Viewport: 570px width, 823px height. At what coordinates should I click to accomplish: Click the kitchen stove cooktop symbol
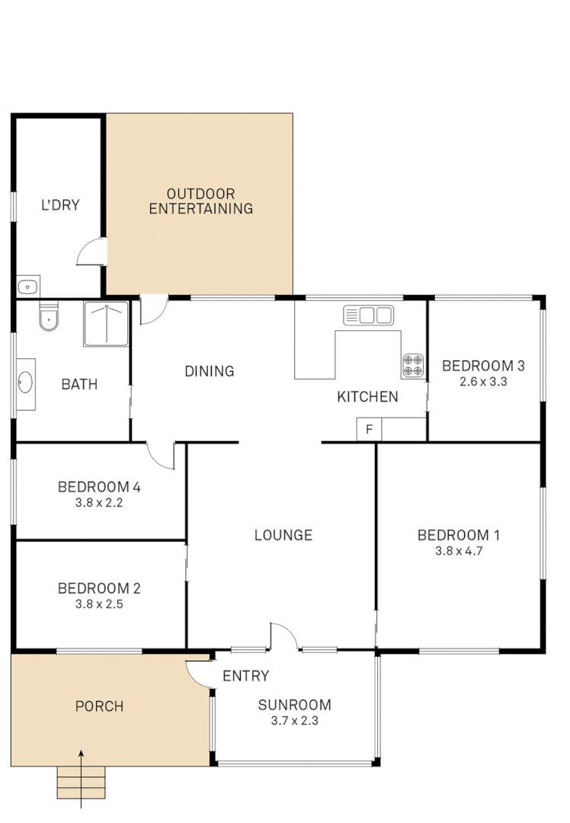coord(413,366)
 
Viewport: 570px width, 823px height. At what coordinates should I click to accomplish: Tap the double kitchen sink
coord(367,315)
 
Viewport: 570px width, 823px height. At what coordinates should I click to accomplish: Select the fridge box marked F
coord(369,430)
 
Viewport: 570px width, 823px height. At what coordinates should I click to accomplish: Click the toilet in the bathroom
coord(48,315)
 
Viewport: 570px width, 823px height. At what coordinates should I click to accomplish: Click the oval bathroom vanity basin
coord(25,382)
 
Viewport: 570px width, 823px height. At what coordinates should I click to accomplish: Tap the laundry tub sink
coord(27,287)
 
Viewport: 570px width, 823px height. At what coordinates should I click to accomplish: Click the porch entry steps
coord(81,783)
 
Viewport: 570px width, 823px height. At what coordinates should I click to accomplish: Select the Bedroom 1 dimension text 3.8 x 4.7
coord(458,550)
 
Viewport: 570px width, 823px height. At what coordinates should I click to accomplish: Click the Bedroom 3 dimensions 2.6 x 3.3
coord(483,381)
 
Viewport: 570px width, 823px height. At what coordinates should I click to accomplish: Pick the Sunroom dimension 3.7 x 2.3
coord(294,720)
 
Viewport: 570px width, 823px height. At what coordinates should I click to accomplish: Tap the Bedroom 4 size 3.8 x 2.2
coord(99,502)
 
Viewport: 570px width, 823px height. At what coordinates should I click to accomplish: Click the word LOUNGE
coord(283,535)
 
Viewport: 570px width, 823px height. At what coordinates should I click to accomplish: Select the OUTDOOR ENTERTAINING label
coord(200,201)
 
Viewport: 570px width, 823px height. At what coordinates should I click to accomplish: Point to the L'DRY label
coord(60,205)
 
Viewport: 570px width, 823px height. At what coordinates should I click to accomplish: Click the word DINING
coord(209,371)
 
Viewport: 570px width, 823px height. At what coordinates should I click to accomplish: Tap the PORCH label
coord(99,706)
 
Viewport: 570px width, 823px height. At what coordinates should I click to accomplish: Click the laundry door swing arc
coord(91,251)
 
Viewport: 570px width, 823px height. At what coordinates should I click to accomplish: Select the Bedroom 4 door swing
coord(162,456)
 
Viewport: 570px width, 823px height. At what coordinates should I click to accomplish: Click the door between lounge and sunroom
coord(283,637)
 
